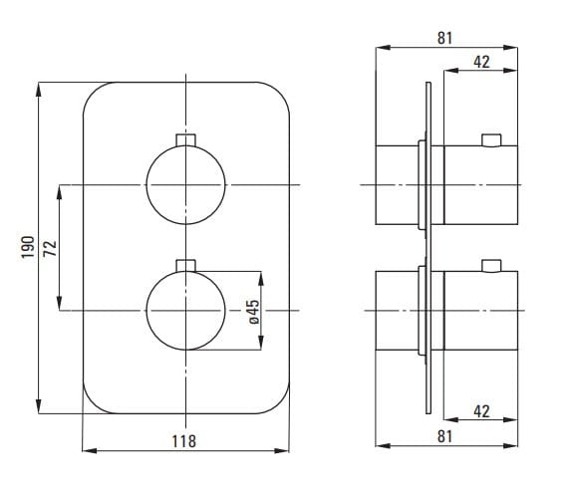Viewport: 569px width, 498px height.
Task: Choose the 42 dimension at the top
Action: pos(480,62)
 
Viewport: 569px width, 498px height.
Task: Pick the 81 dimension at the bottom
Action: pos(445,435)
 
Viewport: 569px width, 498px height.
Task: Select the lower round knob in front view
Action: pos(185,311)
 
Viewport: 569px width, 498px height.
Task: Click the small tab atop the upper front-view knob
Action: pos(185,138)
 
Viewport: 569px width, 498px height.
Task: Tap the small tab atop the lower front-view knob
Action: pos(185,265)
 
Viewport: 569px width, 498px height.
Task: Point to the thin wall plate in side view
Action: pos(429,249)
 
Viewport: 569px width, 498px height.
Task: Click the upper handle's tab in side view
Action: pos(490,138)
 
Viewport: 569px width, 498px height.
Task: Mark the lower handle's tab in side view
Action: pos(490,265)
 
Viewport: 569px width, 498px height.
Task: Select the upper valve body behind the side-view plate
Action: pos(398,185)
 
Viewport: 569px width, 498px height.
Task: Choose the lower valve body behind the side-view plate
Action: pos(398,312)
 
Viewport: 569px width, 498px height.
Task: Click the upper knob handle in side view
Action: pos(481,185)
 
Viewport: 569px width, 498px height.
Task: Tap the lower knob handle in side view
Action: pos(481,312)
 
